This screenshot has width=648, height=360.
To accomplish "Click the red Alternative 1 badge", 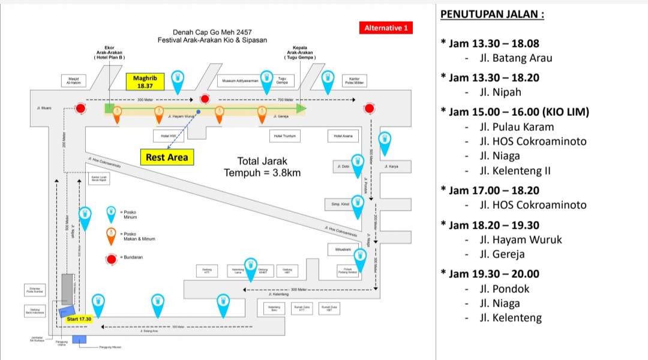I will (x=386, y=28).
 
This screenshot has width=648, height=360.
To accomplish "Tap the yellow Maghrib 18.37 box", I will (x=145, y=82).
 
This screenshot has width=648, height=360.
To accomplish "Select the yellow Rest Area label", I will (x=167, y=158).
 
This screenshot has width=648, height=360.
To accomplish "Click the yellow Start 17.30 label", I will (x=79, y=319).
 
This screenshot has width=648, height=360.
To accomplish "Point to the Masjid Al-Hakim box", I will (x=74, y=81).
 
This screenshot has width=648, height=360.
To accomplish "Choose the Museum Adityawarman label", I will (x=240, y=80).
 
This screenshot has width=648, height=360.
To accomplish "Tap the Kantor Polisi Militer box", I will (x=354, y=80).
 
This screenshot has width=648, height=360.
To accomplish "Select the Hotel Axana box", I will (x=343, y=136).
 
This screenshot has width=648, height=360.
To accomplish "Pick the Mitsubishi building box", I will (x=343, y=248).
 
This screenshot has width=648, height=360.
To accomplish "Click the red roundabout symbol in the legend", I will (x=111, y=259).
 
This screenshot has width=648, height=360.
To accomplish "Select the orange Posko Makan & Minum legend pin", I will (x=111, y=236).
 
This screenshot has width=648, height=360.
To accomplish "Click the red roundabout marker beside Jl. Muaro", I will (x=81, y=109).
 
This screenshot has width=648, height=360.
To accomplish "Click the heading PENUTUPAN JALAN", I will (x=492, y=14).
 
